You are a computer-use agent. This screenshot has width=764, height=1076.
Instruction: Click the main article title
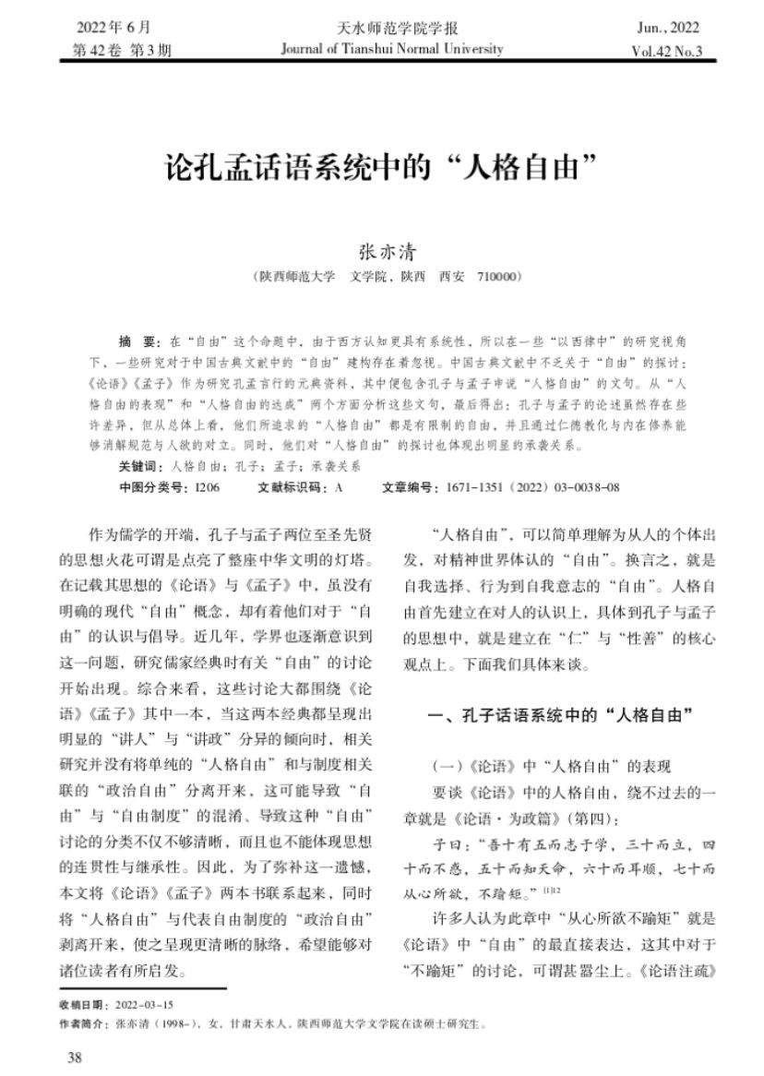(x=381, y=169)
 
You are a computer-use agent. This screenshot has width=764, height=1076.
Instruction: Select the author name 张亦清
(x=381, y=251)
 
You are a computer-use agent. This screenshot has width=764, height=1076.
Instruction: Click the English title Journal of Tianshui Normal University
(x=392, y=49)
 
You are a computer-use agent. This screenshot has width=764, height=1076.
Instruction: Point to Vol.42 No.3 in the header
(x=666, y=51)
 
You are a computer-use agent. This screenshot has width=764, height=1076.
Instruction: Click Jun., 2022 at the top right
(x=668, y=28)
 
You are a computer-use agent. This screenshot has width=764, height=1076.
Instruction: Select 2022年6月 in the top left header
(x=114, y=28)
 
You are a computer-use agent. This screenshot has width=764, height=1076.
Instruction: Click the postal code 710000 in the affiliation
(x=500, y=276)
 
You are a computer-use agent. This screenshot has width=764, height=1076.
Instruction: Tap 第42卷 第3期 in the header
(x=121, y=51)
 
